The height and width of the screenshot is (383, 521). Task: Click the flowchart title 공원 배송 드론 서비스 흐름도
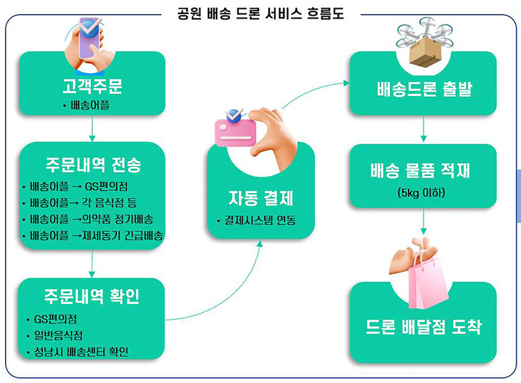(x=260, y=13)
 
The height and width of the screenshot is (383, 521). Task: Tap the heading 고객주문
(x=92, y=86)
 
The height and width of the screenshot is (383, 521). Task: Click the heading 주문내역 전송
(x=93, y=165)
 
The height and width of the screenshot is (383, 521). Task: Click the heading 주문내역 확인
(x=92, y=296)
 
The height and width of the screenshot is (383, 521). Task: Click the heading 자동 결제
(x=260, y=198)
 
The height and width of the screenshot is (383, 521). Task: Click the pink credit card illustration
(x=235, y=133)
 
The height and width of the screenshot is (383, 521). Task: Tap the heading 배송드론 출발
(x=424, y=89)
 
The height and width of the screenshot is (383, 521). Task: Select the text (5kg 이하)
(x=421, y=192)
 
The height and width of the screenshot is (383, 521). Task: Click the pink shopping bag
(x=428, y=280)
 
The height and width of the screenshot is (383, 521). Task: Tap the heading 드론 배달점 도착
(x=423, y=326)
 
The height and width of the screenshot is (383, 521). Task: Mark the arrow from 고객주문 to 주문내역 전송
(x=92, y=128)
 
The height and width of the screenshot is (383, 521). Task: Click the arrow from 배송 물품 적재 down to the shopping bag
(x=423, y=221)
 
